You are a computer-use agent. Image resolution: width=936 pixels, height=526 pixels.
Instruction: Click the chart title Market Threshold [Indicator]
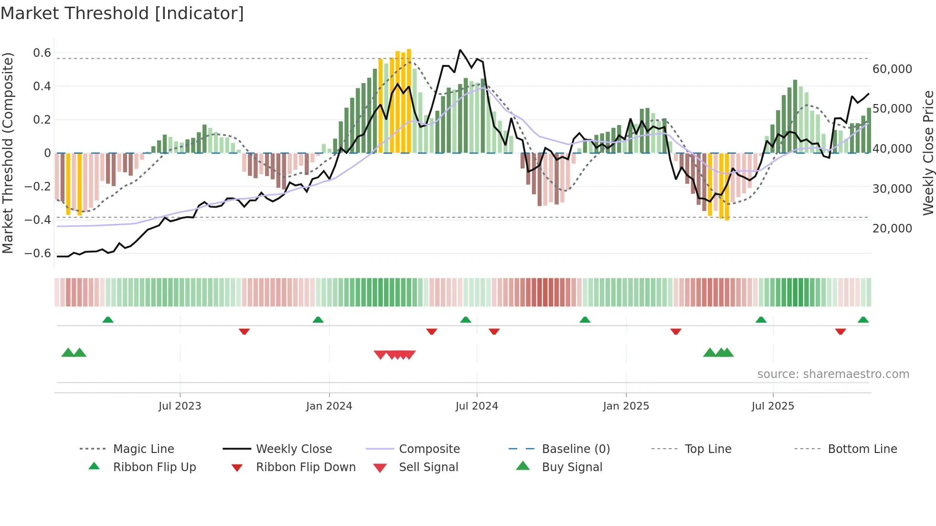(x=122, y=13)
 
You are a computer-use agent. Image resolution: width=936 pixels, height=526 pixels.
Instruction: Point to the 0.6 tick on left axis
(x=42, y=53)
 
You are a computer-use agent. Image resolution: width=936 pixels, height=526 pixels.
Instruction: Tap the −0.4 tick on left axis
(x=38, y=220)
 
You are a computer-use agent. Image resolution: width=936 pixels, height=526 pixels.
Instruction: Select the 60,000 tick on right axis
(x=892, y=69)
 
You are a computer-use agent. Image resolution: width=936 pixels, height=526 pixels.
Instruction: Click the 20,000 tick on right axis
(x=892, y=229)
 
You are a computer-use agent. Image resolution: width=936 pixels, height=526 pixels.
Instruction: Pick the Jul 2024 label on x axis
(x=477, y=406)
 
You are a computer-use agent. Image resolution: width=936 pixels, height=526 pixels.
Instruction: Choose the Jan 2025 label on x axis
(x=626, y=406)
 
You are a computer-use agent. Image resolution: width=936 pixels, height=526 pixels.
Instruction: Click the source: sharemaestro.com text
(x=833, y=374)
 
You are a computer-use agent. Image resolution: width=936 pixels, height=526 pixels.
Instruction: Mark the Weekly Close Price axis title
(x=928, y=153)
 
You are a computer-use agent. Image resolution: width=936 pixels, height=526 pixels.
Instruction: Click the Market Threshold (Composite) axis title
(x=8, y=153)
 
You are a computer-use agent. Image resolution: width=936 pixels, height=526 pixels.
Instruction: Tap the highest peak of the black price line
(x=460, y=50)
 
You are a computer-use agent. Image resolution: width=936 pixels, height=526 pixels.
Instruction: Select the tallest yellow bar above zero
(x=409, y=100)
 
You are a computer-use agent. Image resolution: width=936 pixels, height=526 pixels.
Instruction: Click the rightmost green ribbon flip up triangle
(x=863, y=320)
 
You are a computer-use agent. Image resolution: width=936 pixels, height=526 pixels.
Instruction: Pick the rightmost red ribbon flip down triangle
(x=840, y=331)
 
